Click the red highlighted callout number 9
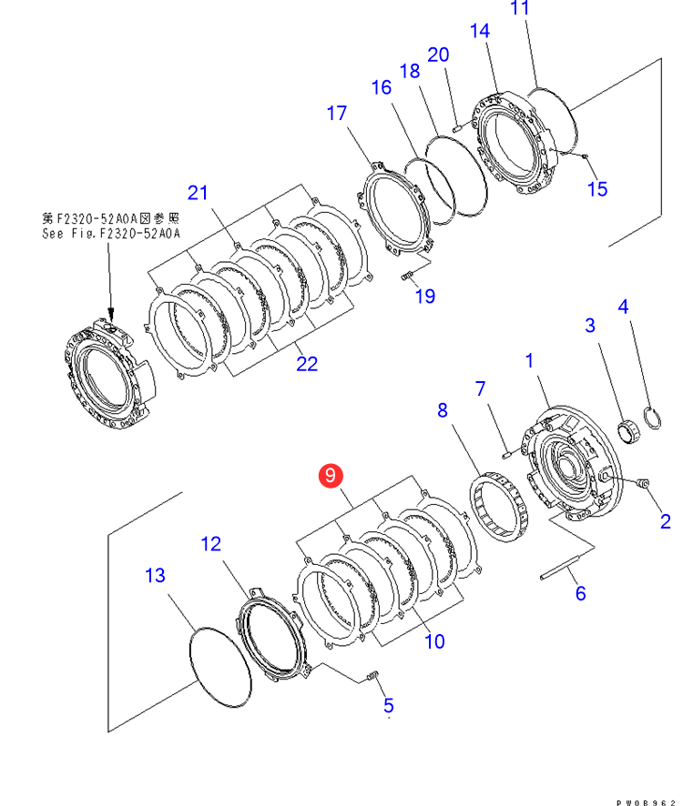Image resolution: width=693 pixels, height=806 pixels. pyautogui.click(x=330, y=474)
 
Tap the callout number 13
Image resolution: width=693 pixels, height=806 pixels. pyautogui.click(x=155, y=575)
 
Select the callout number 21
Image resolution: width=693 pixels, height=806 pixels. pyautogui.click(x=198, y=192)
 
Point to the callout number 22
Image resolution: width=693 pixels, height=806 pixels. pyautogui.click(x=307, y=363)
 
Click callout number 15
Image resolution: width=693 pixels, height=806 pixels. pyautogui.click(x=597, y=189)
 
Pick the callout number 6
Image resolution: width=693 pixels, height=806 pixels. pyautogui.click(x=580, y=593)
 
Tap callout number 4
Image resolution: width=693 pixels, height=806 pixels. pyautogui.click(x=623, y=307)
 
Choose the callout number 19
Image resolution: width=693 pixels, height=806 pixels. pyautogui.click(x=425, y=296)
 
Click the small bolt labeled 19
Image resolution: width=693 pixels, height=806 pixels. pyautogui.click(x=408, y=276)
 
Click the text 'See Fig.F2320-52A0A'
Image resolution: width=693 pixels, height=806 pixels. pyautogui.click(x=111, y=233)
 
